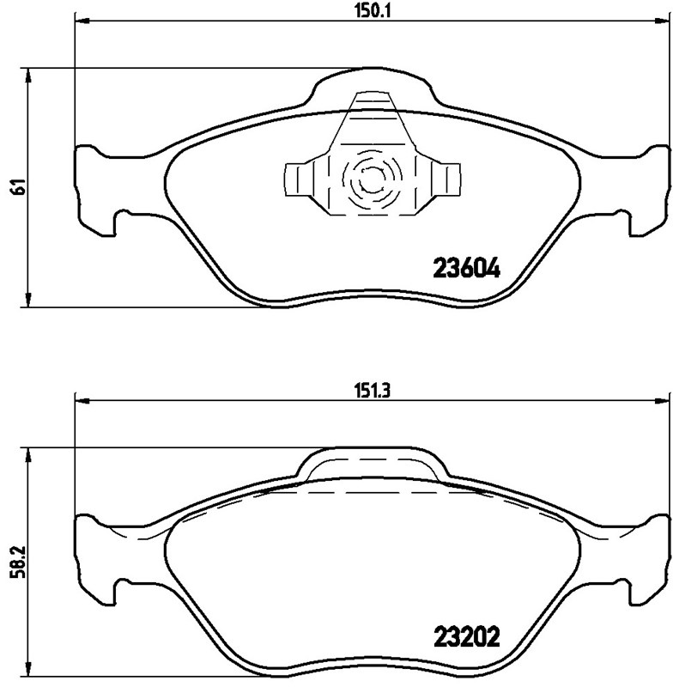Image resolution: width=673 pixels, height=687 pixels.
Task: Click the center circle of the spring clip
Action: pyautogui.click(x=371, y=181)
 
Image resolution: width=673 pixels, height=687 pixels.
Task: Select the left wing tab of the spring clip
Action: pyautogui.click(x=298, y=180)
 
